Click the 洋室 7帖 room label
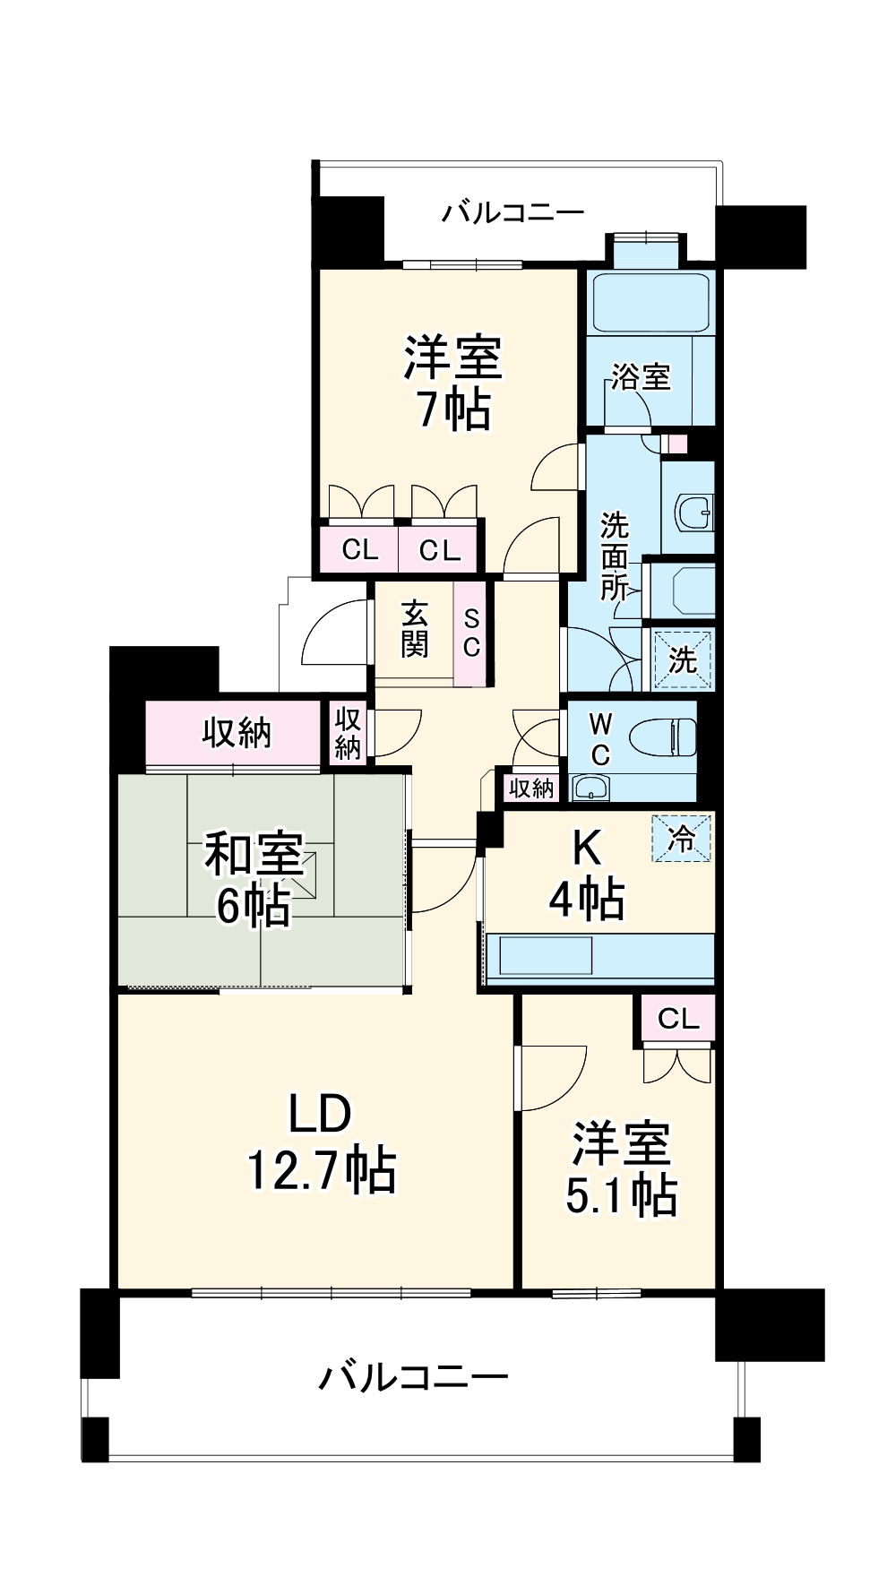click(452, 383)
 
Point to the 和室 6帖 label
click(254, 879)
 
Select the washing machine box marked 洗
click(683, 661)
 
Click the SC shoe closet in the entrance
click(471, 633)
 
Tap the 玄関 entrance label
click(414, 629)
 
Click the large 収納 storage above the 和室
click(235, 734)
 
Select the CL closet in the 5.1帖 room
click(678, 1019)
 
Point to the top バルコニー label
click(513, 213)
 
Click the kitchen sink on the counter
click(546, 956)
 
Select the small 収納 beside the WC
click(531, 788)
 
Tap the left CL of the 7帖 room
click(360, 549)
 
